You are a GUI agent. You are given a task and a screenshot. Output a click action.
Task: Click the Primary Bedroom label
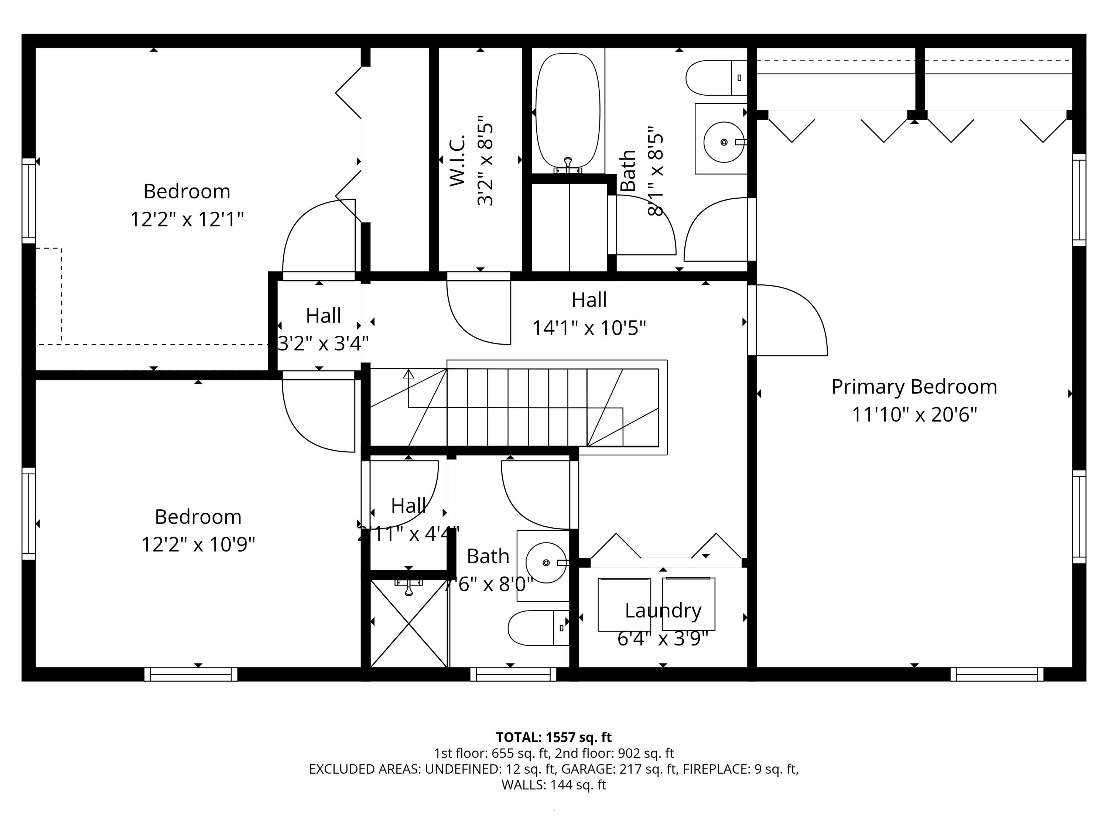[914, 387]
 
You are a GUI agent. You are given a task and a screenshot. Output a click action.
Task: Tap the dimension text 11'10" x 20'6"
[914, 415]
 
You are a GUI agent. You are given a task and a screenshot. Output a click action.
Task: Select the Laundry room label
[663, 611]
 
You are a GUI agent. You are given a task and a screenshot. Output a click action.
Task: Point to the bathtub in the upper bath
[568, 110]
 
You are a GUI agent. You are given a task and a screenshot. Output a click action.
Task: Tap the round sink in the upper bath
[723, 142]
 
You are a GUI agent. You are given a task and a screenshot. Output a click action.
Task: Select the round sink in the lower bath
[546, 562]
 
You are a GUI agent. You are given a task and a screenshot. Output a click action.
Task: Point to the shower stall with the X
[408, 624]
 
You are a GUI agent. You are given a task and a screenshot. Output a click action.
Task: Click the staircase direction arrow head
[409, 374]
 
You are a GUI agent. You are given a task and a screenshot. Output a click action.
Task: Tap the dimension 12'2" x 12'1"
[187, 219]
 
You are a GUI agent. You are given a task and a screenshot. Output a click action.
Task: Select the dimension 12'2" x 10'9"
[198, 544]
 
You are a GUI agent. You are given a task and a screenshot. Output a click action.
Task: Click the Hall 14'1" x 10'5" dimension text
[589, 328]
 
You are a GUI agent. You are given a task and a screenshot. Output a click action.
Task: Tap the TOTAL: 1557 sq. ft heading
[554, 737]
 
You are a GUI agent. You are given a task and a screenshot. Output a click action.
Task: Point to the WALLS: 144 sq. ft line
[554, 785]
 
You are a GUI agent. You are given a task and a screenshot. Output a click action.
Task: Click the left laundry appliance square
[624, 605]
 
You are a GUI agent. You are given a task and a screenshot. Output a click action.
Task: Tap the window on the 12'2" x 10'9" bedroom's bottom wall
[191, 674]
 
